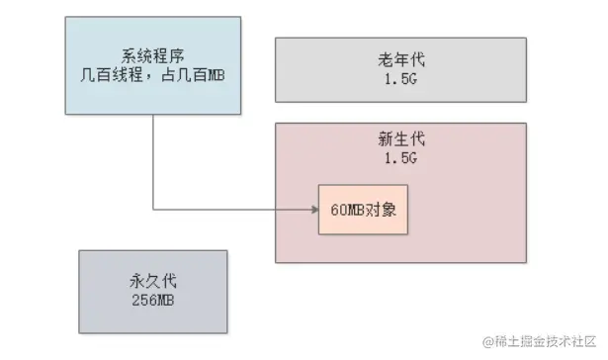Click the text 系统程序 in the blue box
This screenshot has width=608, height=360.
pos(153,55)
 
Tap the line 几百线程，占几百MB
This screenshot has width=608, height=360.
pos(153,74)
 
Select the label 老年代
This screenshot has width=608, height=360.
pos(401,59)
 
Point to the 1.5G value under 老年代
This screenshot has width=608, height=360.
pos(400,79)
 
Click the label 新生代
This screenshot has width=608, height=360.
pos(401,138)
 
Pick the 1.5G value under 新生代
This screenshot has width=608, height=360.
pos(400,158)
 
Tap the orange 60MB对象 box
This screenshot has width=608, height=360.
pos(363,210)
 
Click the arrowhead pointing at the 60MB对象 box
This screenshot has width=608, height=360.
pos(314,210)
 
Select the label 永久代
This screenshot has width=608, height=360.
pos(153,281)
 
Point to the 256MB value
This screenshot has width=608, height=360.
pos(153,300)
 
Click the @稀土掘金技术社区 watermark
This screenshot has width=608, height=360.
pos(539,341)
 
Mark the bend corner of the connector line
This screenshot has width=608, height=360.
pos(153,210)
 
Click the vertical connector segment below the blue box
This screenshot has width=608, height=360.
pos(153,162)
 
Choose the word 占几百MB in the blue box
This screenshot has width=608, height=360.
pos(193,74)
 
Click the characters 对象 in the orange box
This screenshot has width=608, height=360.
pos(381,210)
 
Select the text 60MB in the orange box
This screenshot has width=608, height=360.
pos(347,210)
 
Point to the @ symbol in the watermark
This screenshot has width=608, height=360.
pos(487,342)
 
